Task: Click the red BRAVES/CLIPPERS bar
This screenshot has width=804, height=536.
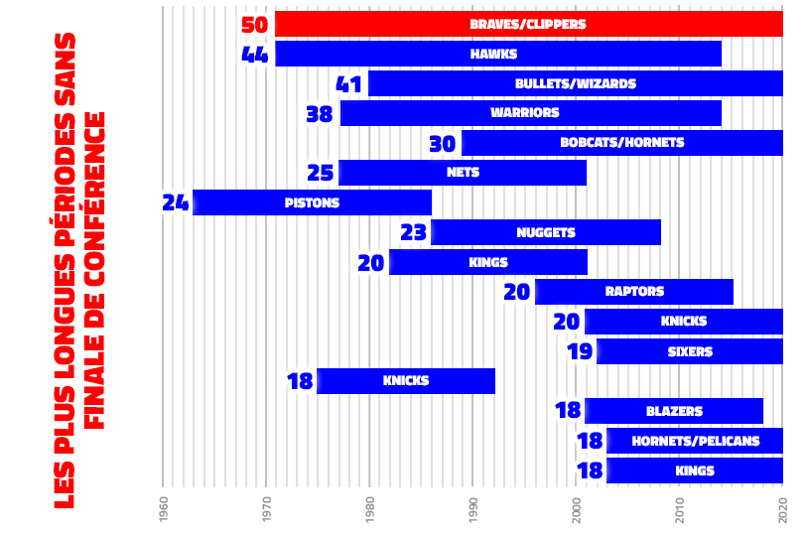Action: click(x=528, y=24)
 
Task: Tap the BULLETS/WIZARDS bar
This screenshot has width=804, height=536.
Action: click(x=576, y=83)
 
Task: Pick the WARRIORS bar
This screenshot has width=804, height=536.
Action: click(x=531, y=113)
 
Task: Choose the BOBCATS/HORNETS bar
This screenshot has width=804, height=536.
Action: click(x=622, y=143)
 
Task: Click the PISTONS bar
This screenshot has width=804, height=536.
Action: click(x=312, y=202)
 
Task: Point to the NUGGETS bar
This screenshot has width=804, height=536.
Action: click(x=546, y=232)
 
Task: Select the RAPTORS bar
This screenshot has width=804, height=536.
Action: click(x=634, y=292)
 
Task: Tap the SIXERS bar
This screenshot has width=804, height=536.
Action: click(x=690, y=351)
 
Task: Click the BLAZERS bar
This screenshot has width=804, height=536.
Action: click(x=674, y=411)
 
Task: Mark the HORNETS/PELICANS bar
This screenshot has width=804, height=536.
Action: click(x=695, y=441)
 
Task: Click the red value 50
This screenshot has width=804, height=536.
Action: click(x=255, y=24)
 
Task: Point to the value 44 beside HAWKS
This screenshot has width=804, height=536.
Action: click(x=255, y=54)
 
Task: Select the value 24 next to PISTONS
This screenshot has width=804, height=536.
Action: click(x=175, y=202)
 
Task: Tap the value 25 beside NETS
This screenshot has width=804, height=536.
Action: click(x=320, y=173)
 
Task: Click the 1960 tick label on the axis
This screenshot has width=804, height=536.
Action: click(x=164, y=509)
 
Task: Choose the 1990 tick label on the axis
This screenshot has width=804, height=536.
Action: click(x=473, y=509)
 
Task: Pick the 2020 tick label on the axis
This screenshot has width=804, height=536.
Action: click(x=783, y=509)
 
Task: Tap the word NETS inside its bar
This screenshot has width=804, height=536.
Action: click(x=464, y=173)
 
